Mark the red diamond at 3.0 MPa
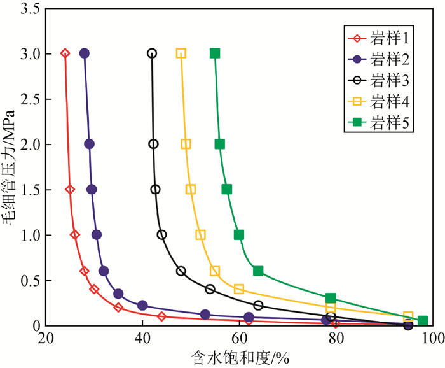click(x=65, y=53)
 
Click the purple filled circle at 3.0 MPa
click(x=85, y=53)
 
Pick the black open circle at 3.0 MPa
click(x=152, y=53)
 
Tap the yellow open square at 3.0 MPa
click(x=181, y=53)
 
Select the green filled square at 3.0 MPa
click(x=215, y=53)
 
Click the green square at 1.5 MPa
click(x=227, y=189)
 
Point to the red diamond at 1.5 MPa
click(x=70, y=189)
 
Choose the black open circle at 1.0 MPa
click(x=162, y=235)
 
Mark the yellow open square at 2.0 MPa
click(x=186, y=144)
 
